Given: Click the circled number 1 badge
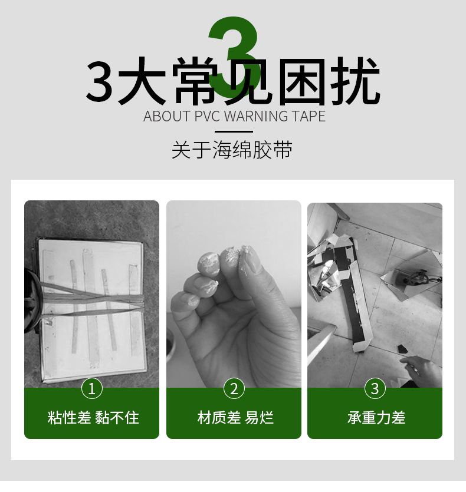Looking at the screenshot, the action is coord(92,388).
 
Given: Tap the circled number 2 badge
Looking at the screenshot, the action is coord(234,388).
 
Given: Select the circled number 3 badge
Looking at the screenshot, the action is coord(375,388).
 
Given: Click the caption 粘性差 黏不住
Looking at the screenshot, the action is coord(93,418).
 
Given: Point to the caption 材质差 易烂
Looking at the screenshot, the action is coord(235,418).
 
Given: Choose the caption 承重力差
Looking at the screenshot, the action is coord(376,418).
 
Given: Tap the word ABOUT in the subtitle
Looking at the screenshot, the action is coord(167,116).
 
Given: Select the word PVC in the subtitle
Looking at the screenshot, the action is coord(208,116).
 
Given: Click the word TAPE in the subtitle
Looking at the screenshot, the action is coord(309,116).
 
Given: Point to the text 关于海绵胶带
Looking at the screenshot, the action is coord(232,150).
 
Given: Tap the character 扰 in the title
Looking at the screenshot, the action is coord(355,81).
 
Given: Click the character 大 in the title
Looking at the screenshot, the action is coord(142,81).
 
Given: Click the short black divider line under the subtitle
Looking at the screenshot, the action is coord(234,132).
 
